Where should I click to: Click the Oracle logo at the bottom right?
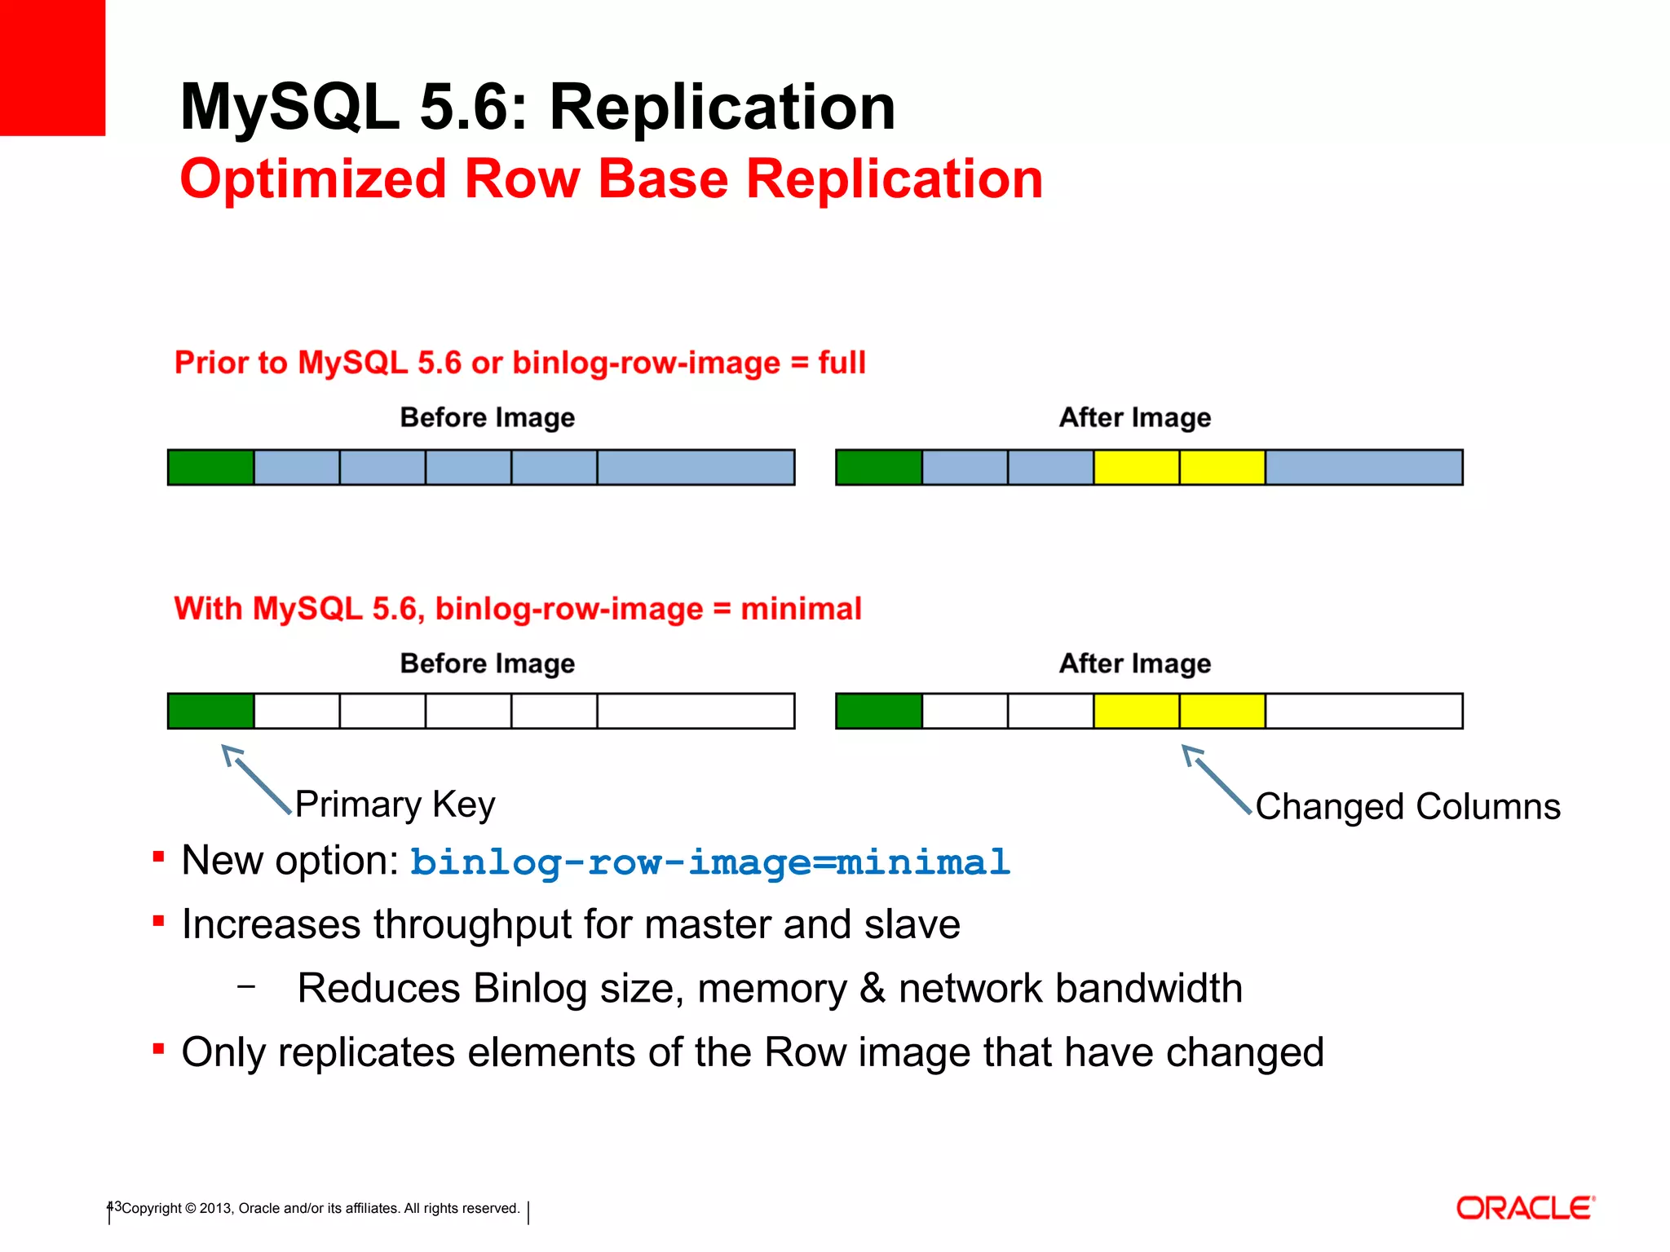pyautogui.click(x=1525, y=1208)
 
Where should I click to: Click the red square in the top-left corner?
pyautogui.click(x=52, y=67)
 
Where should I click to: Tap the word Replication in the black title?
pyautogui.click(x=722, y=107)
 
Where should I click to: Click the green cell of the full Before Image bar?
pyautogui.click(x=210, y=467)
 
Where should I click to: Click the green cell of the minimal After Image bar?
pyautogui.click(x=879, y=711)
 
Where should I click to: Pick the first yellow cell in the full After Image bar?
pyautogui.click(x=1136, y=467)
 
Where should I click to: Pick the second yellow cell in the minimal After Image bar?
pyautogui.click(x=1222, y=711)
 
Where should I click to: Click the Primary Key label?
pyautogui.click(x=395, y=805)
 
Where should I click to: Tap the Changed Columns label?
pyautogui.click(x=1407, y=807)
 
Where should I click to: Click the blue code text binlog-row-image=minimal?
pyautogui.click(x=709, y=862)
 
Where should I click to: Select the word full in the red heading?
pyautogui.click(x=842, y=363)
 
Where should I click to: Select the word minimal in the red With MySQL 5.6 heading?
pyautogui.click(x=801, y=609)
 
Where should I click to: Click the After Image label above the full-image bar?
pyautogui.click(x=1134, y=417)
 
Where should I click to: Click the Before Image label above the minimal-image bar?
pyautogui.click(x=487, y=663)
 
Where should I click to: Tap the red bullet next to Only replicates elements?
pyautogui.click(x=159, y=1049)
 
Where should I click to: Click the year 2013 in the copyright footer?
pyautogui.click(x=215, y=1208)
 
